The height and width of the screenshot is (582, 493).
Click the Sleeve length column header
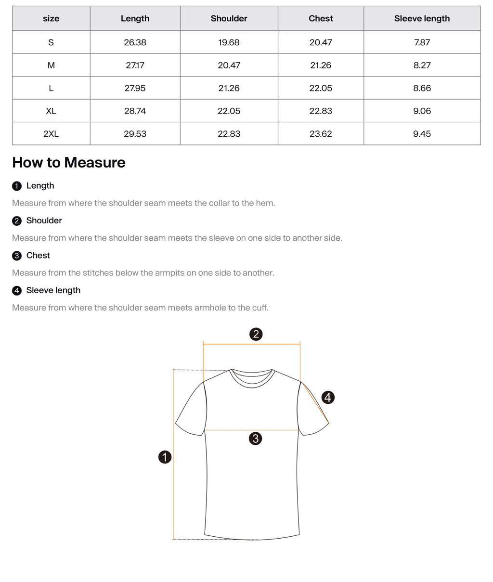(422, 19)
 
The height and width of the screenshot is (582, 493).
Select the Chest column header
(321, 19)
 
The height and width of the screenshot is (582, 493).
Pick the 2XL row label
(51, 134)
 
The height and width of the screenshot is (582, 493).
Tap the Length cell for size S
(135, 42)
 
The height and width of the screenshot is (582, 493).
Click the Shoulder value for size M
(229, 65)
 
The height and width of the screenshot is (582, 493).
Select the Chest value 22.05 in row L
(321, 88)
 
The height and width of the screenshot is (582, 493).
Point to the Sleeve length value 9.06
(422, 111)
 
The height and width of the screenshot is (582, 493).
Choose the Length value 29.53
(135, 134)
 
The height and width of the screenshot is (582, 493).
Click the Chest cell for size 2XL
(321, 134)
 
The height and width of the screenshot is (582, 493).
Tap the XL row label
(51, 111)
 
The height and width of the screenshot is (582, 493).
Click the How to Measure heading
(69, 163)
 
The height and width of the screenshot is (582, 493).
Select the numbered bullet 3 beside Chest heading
(17, 256)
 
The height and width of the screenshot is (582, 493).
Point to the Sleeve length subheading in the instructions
(53, 290)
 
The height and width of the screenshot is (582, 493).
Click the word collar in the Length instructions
(219, 203)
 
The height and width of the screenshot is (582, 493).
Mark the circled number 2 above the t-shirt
(256, 334)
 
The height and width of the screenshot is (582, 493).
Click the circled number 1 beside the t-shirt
(165, 457)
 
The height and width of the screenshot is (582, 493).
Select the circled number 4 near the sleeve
(328, 397)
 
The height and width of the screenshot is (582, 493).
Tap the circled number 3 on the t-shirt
(255, 438)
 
